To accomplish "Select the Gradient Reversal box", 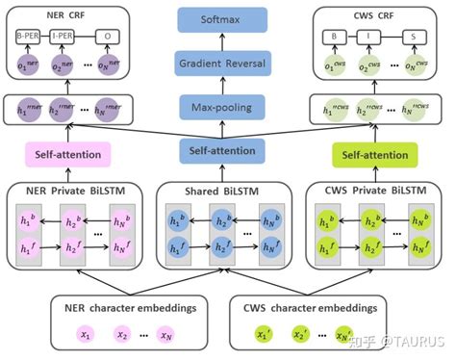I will tap(226, 63).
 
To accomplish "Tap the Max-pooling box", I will tap(226, 106).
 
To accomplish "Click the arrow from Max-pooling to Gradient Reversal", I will tap(226, 85).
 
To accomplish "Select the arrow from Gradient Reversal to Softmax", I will tap(226, 40).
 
